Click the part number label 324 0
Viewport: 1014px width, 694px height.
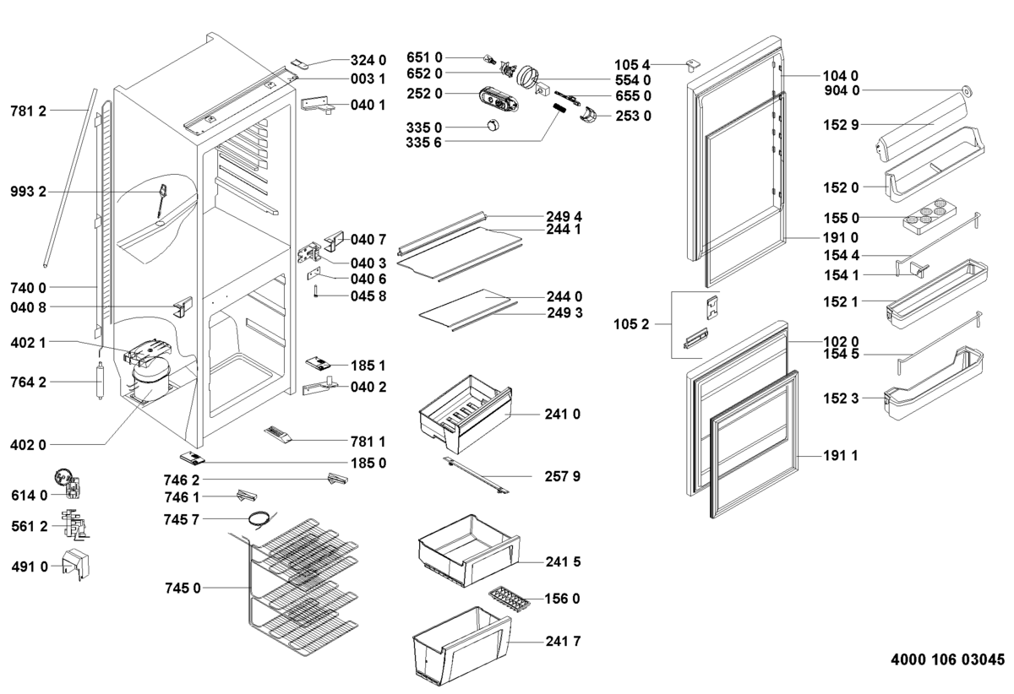(x=368, y=60)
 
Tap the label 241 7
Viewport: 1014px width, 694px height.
(x=564, y=642)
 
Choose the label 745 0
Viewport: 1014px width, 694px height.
(x=183, y=588)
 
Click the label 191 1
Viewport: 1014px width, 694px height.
(x=841, y=456)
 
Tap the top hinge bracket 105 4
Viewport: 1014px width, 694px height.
(x=692, y=64)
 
